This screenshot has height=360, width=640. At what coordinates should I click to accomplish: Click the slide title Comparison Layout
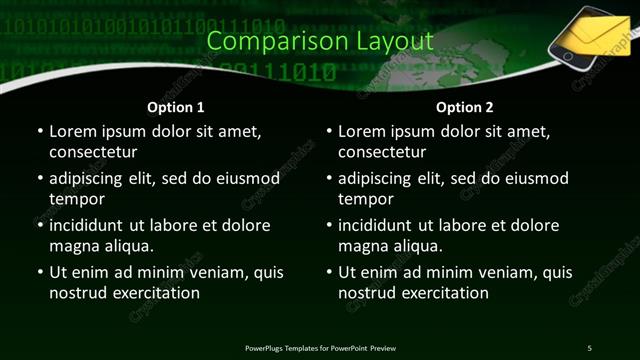[320, 41]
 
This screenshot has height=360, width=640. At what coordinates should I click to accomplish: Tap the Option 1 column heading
[176, 107]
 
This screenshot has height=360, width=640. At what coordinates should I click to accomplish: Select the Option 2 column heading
[465, 107]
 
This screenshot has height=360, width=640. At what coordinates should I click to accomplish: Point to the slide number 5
[589, 347]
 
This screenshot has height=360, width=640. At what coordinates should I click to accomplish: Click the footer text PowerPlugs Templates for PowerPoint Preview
[320, 347]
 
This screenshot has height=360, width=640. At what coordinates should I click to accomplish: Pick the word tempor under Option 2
[366, 199]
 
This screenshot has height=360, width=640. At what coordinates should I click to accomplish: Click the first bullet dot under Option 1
[39, 131]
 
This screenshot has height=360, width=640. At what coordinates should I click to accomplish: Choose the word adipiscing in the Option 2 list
[377, 178]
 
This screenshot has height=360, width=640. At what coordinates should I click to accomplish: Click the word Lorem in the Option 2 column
[362, 131]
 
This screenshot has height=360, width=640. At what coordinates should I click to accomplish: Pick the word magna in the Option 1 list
[72, 246]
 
